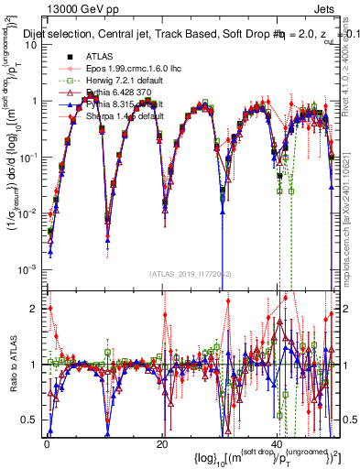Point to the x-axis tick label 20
(x=161, y=442)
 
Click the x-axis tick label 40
(x=277, y=442)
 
